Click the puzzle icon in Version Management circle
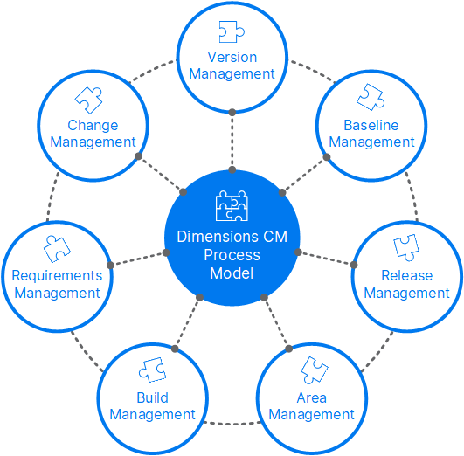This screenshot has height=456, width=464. tap(232, 32)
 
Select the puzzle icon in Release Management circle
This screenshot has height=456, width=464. tap(406, 247)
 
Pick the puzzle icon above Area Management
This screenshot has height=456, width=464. tap(312, 370)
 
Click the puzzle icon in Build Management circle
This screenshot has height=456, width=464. tap(152, 370)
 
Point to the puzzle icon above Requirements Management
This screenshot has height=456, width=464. tap(57, 247)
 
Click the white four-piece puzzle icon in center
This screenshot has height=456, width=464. tap(232, 206)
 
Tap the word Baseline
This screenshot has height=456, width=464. tap(371, 125)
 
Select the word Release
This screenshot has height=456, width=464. tap(406, 276)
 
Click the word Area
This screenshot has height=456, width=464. tap(312, 397)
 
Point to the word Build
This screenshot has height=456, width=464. tap(152, 397)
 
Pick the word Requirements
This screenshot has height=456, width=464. tap(57, 276)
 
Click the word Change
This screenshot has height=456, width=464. tap(93, 125)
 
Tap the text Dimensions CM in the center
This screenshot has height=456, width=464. tap(232, 237)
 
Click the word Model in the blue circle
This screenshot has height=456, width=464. tap(232, 273)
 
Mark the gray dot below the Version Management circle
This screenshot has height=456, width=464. tap(232, 112)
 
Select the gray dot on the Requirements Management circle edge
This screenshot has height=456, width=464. tap(109, 265)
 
